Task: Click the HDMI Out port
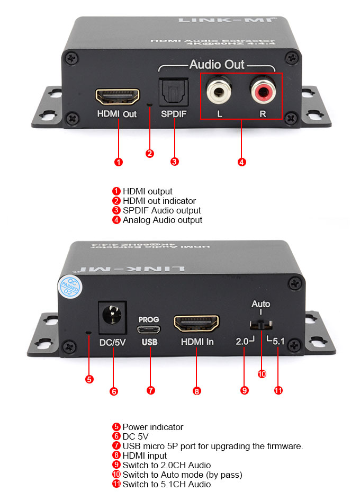(117, 97)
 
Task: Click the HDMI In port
(196, 323)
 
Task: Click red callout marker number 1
(119, 162)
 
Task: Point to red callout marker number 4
(241, 162)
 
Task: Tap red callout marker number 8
(196, 391)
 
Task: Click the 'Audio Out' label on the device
(217, 65)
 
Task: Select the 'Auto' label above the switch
(260, 304)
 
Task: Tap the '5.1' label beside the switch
(278, 342)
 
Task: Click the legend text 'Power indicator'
(152, 427)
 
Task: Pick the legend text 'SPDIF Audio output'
(161, 210)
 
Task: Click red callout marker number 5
(89, 379)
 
